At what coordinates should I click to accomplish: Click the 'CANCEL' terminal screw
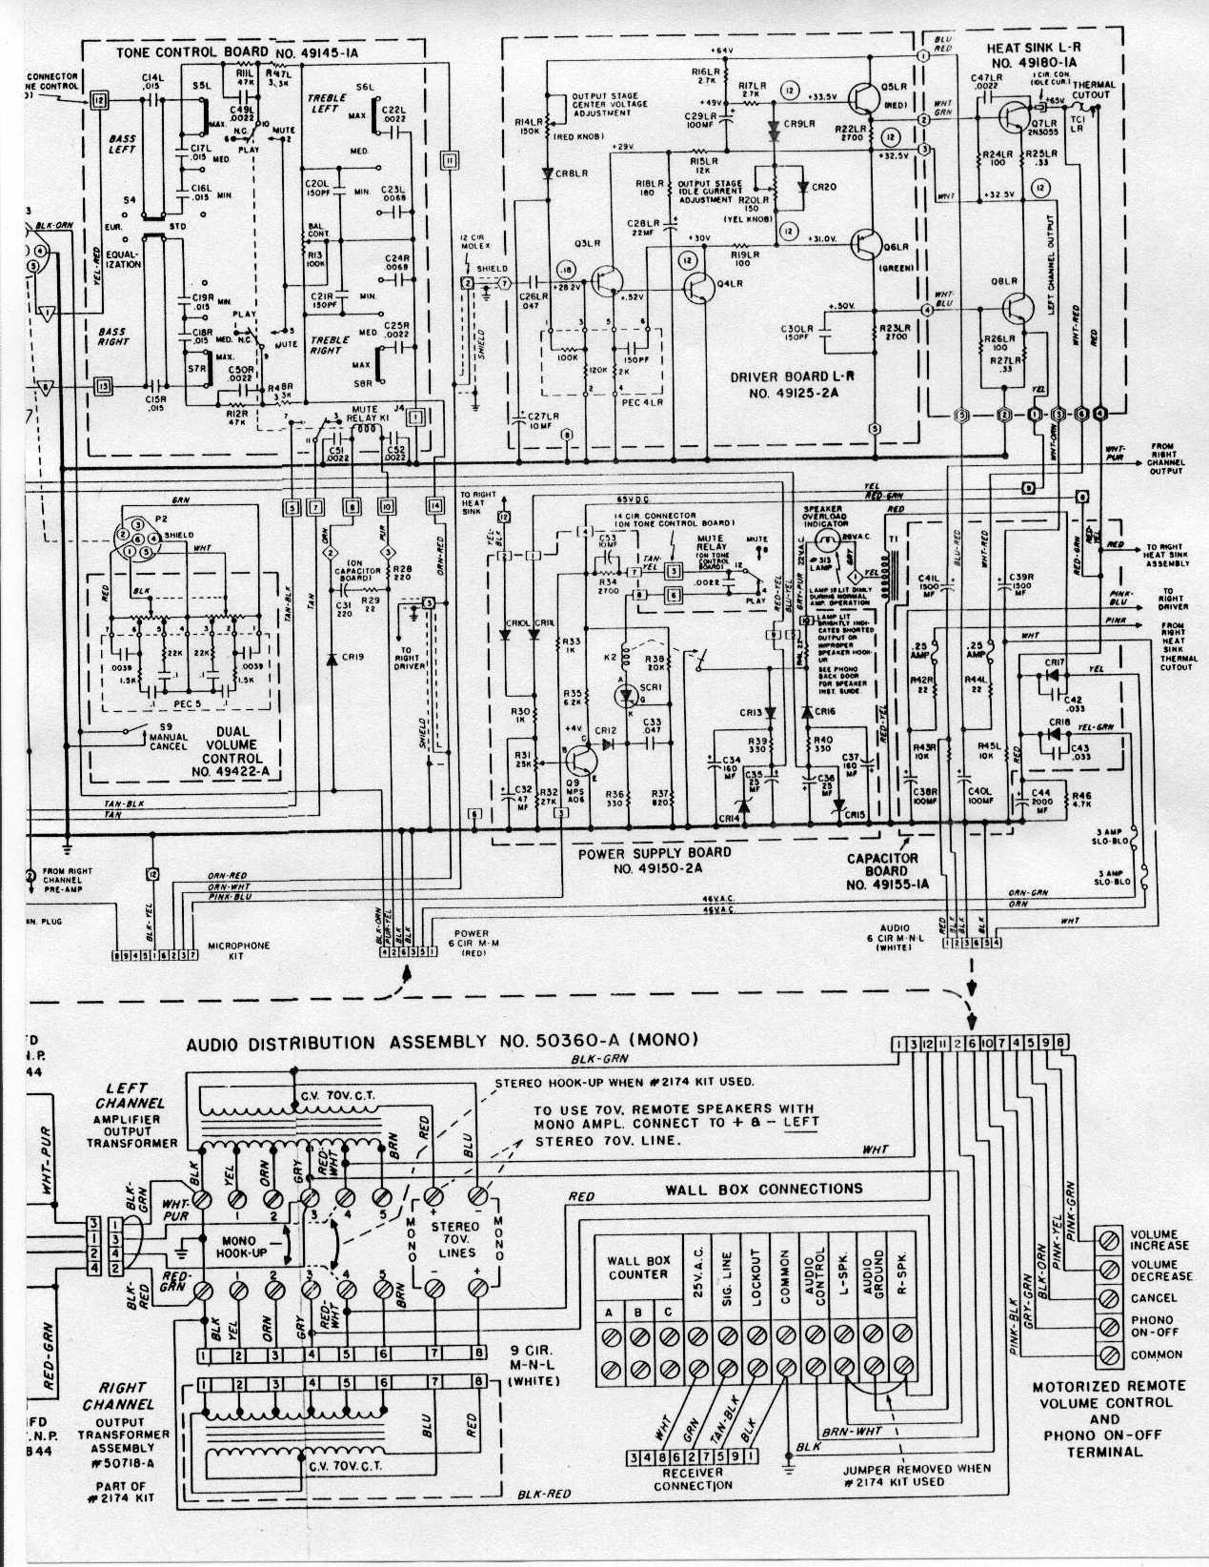point(1109,1297)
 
